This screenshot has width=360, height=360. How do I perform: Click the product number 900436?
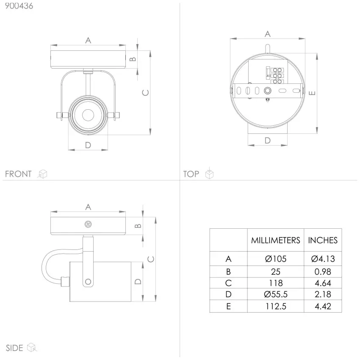[19, 6]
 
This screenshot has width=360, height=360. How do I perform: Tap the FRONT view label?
[18, 174]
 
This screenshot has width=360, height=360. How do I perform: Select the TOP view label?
[191, 174]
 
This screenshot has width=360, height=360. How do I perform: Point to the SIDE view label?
[14, 348]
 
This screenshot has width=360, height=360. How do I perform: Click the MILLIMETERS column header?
[276, 241]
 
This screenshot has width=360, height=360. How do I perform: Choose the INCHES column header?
[323, 241]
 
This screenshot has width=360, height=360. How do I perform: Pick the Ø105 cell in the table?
[276, 259]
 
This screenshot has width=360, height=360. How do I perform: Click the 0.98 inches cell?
[323, 272]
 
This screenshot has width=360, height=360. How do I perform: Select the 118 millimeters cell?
[276, 283]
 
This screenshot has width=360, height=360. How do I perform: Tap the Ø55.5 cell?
[276, 294]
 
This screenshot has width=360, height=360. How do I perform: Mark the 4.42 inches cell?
[323, 306]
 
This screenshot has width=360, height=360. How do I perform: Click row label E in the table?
[228, 306]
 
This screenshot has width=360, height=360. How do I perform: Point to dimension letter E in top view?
[312, 93]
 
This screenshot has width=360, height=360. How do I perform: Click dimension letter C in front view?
[146, 92]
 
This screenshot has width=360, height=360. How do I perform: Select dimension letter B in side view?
[138, 226]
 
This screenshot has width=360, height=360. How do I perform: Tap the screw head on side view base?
[88, 224]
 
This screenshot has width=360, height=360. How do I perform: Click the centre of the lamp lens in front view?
[88, 115]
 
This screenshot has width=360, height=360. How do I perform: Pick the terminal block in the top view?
[275, 75]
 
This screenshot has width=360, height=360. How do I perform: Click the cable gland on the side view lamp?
[65, 282]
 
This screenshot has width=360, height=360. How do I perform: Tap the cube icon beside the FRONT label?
[42, 174]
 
